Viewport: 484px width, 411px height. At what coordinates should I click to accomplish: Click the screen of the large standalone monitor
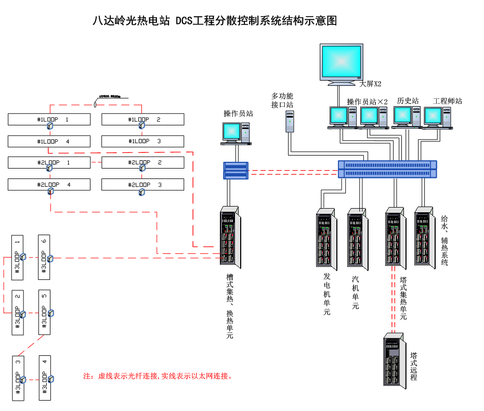(x=341, y=61)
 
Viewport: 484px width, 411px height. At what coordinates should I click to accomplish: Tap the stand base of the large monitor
(x=342, y=83)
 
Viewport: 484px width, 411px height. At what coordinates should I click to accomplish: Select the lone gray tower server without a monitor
(x=290, y=121)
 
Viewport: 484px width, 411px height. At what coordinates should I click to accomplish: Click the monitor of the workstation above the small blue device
(x=231, y=132)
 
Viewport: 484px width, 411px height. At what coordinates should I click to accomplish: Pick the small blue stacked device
(x=236, y=171)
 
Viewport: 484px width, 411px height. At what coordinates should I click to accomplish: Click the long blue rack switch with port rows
(x=387, y=169)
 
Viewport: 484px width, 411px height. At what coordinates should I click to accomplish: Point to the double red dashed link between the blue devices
(x=293, y=172)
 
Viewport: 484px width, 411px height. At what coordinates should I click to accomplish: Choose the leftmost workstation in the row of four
(x=338, y=115)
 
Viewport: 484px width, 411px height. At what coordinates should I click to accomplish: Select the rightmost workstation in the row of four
(x=433, y=116)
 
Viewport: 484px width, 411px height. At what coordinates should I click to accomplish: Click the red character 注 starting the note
(x=87, y=376)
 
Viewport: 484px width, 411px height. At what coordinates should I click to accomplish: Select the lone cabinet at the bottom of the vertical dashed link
(x=394, y=360)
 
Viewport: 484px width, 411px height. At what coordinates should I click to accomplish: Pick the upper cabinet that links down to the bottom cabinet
(x=395, y=238)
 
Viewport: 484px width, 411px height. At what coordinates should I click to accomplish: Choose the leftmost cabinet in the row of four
(x=325, y=239)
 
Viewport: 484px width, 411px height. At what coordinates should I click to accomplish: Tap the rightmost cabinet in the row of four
(x=424, y=237)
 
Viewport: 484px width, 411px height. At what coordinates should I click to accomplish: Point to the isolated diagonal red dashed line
(x=31, y=345)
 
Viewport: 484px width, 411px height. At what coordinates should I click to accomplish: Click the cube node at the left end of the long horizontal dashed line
(x=50, y=259)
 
